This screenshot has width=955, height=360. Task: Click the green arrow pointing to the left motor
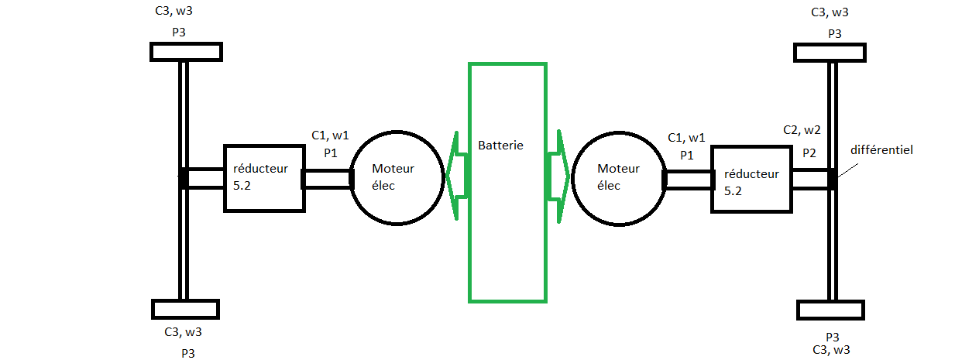coord(457,176)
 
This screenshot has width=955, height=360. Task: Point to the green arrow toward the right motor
coord(558,177)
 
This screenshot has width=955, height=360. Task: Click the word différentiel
coord(881,150)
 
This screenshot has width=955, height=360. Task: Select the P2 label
coord(809,153)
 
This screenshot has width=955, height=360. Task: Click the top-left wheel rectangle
coord(185,52)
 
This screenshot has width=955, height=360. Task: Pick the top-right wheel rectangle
coord(830,53)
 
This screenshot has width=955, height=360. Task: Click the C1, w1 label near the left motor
coord(330,135)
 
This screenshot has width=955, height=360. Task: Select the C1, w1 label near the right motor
coord(686,137)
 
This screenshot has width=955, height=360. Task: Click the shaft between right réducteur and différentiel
coord(810,179)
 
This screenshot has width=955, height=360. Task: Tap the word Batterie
coord(500,146)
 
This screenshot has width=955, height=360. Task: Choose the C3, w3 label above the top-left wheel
coord(179,12)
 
